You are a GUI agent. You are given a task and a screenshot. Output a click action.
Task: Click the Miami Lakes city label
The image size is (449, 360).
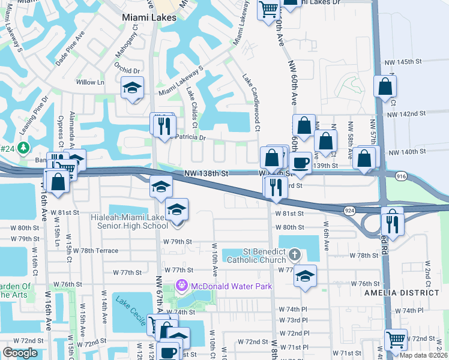coord(149,17)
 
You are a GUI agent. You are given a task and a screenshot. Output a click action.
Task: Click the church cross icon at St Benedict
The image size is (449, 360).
coord(294,256)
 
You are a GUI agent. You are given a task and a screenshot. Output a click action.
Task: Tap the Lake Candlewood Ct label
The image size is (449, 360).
coord(252,103)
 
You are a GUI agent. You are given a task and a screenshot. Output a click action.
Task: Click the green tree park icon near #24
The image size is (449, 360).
coord(23,147)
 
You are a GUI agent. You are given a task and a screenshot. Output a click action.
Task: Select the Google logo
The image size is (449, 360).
coord(20,353)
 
